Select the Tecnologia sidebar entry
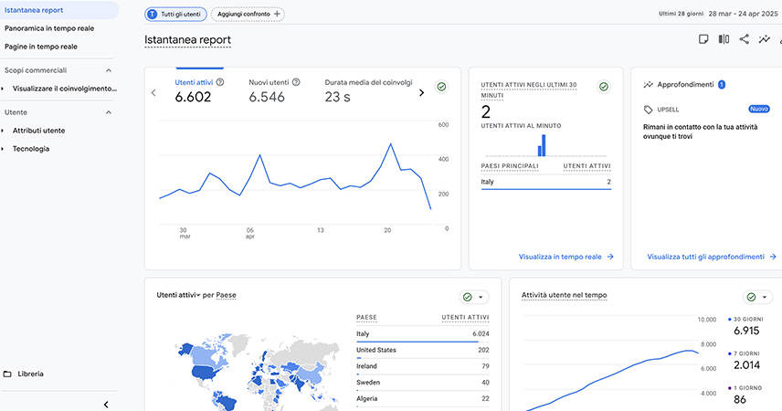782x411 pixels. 31,148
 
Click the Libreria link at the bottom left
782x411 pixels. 30,374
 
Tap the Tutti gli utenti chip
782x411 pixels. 175,15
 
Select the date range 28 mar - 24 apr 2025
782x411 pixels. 741,15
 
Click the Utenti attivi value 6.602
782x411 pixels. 194,98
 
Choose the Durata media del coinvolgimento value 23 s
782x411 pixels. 338,98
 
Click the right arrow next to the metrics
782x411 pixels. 421,92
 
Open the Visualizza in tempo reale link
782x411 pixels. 565,257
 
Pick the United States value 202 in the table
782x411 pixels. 483,350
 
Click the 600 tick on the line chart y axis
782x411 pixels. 443,125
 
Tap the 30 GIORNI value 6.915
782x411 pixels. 746,331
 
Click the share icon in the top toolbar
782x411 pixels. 745,39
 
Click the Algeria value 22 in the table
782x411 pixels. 485,399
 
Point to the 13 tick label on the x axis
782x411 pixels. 320,230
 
